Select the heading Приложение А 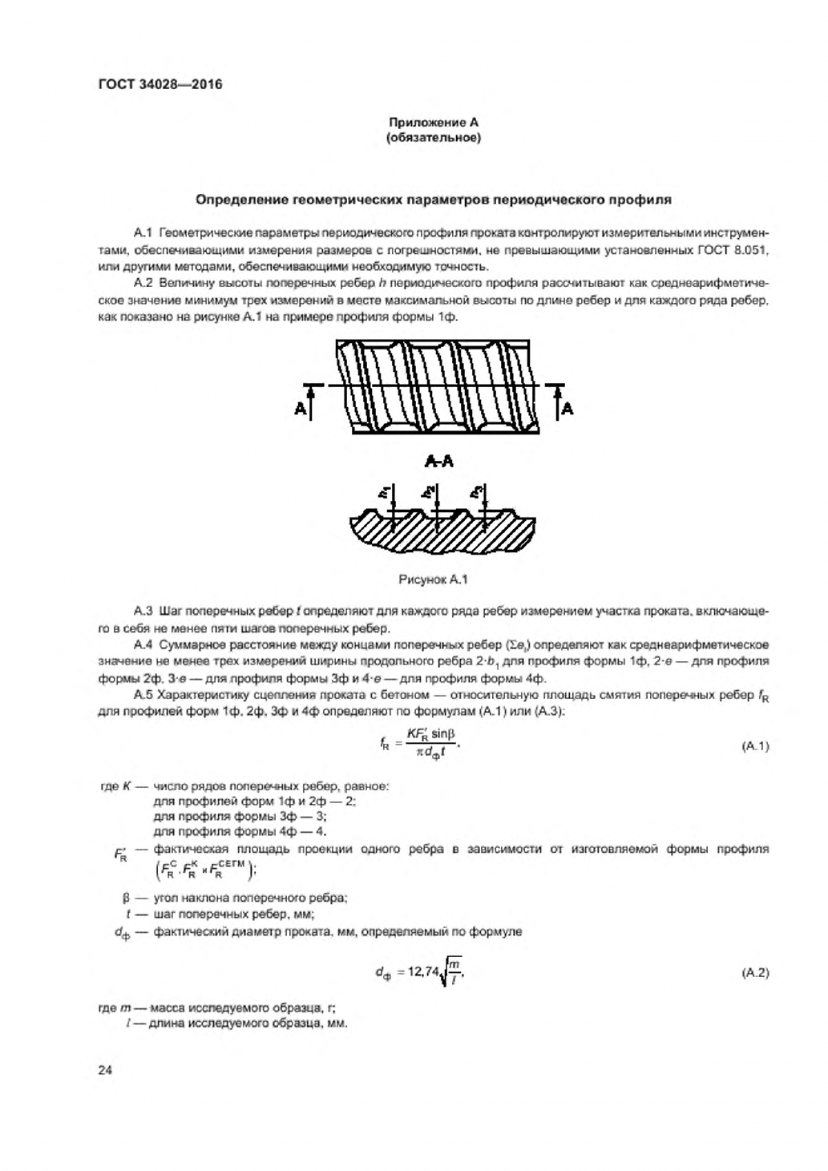coord(433,123)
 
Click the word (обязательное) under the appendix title coord(433,138)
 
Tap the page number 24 coord(104,1069)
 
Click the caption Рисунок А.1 coord(433,579)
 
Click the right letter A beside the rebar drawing coord(567,409)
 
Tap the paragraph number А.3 coord(143,612)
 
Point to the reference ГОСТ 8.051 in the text coord(731,250)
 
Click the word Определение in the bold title coord(244,199)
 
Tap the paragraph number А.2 coord(143,283)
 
